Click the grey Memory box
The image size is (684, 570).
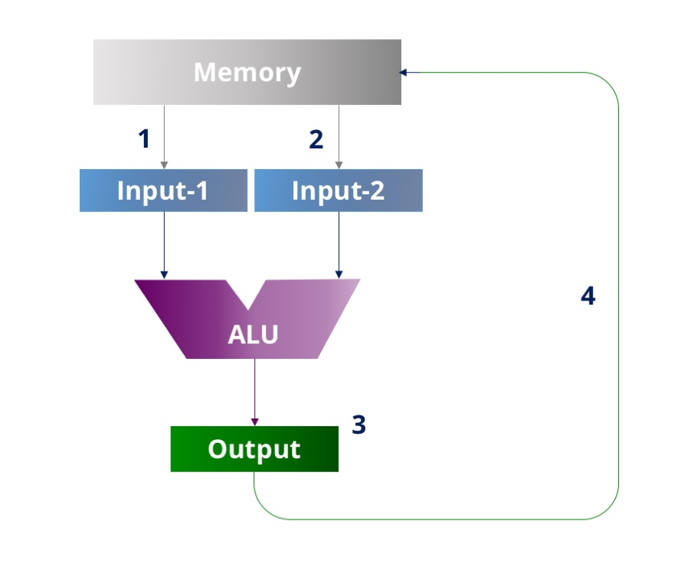138,73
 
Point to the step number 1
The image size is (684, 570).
143,139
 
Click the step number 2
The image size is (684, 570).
316,139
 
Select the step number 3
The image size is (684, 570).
358,425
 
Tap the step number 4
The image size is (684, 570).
587,296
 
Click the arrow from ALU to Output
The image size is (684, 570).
255,390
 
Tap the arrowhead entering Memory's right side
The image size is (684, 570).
404,73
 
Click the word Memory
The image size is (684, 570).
247,73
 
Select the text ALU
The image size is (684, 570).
253,334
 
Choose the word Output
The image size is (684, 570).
254,449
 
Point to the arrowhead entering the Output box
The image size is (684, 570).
255,422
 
